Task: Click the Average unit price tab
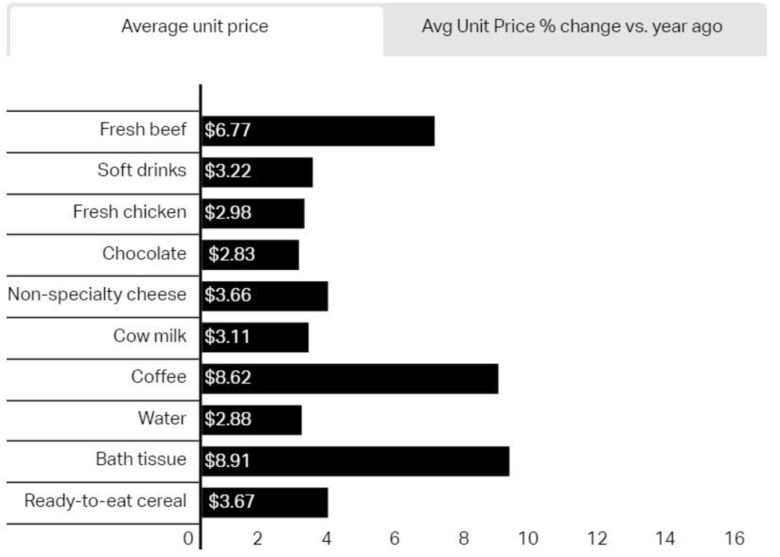pyautogui.click(x=195, y=27)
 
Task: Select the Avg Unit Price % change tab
pyautogui.click(x=571, y=27)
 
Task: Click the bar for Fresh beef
pyautogui.click(x=341, y=131)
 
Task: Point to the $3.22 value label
pyautogui.click(x=228, y=171)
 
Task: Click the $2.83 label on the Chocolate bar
pyautogui.click(x=232, y=254)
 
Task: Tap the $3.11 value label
pyautogui.click(x=227, y=337)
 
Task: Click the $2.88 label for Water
pyautogui.click(x=228, y=419)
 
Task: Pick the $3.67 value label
pyautogui.click(x=232, y=502)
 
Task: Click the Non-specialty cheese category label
pyautogui.click(x=97, y=295)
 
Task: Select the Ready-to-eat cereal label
pyautogui.click(x=105, y=501)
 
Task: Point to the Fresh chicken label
pyautogui.click(x=130, y=212)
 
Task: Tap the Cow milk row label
pyautogui.click(x=150, y=336)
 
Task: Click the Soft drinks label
pyautogui.click(x=142, y=170)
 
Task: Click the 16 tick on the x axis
pyautogui.click(x=734, y=538)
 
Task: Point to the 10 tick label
pyautogui.click(x=527, y=538)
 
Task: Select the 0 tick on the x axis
pyautogui.click(x=188, y=538)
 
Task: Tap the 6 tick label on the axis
pyautogui.click(x=394, y=538)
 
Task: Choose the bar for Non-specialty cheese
pyautogui.click(x=288, y=296)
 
